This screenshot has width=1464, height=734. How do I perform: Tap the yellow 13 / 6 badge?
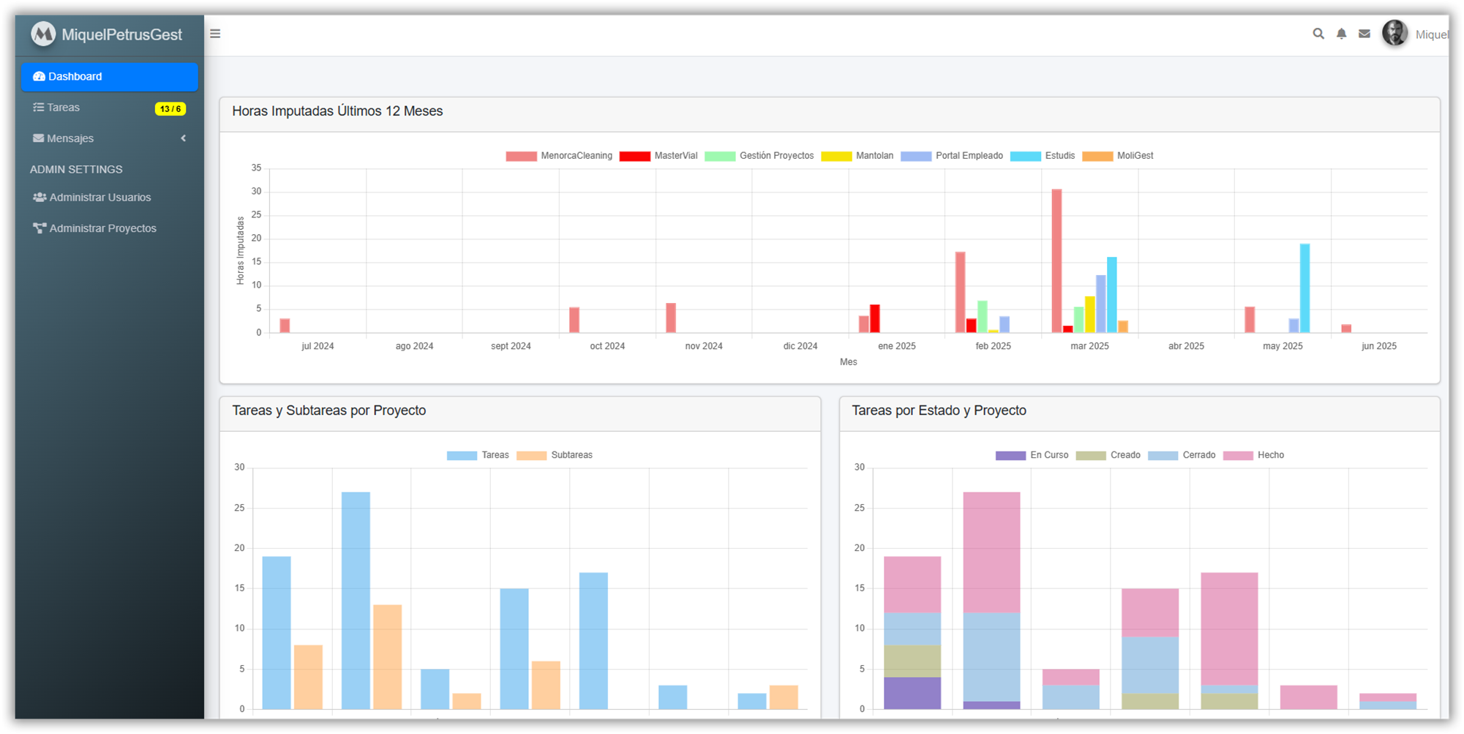click(170, 109)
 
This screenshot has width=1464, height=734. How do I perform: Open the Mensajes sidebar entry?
click(70, 138)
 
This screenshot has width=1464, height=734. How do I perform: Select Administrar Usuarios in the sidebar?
click(100, 198)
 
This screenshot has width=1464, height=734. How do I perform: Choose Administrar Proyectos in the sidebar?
click(102, 228)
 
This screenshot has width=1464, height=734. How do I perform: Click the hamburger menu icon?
click(215, 34)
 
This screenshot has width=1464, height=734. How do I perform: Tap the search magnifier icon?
click(1318, 34)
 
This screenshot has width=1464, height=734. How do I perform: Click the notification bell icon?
click(1341, 34)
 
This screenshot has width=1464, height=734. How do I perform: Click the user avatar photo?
click(1394, 34)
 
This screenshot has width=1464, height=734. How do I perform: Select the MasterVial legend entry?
click(658, 156)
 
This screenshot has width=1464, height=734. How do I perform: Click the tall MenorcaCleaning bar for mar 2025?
click(1056, 261)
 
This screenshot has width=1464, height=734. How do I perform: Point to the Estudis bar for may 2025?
click(1305, 288)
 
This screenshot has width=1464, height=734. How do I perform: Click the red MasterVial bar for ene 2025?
click(874, 319)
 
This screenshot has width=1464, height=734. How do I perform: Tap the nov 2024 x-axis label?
click(703, 346)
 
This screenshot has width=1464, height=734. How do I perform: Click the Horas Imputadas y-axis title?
click(240, 250)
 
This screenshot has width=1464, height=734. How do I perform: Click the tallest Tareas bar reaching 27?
click(356, 600)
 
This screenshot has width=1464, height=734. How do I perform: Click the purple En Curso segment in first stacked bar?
click(912, 693)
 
